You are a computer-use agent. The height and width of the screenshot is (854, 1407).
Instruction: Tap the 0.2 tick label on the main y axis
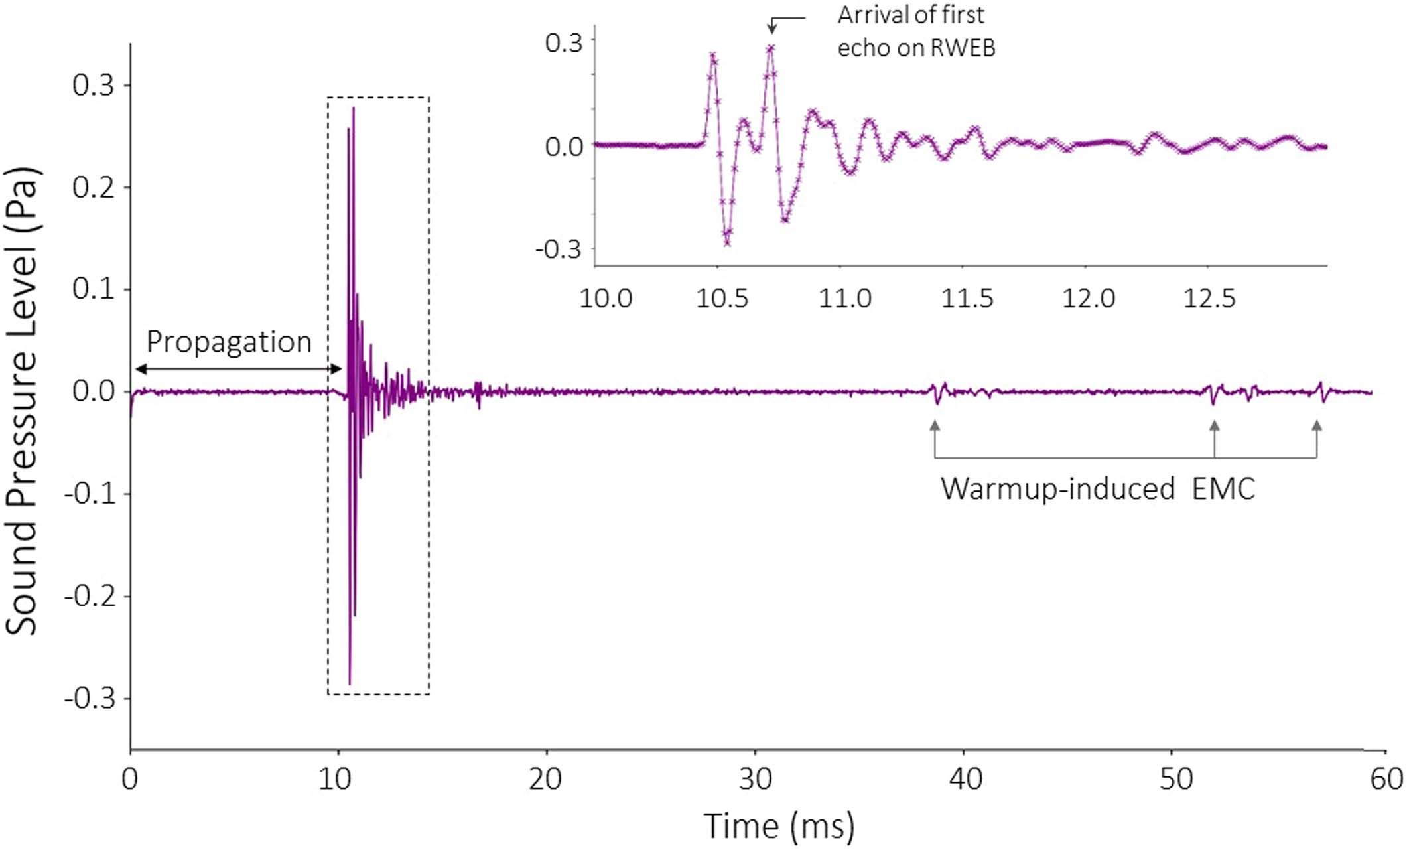92,188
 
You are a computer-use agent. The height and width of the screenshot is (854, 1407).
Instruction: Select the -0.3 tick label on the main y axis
89,699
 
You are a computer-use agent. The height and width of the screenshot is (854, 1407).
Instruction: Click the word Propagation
228,342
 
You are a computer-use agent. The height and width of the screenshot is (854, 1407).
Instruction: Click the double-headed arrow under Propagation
237,369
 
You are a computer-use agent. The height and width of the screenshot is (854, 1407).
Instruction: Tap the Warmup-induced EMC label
1097,490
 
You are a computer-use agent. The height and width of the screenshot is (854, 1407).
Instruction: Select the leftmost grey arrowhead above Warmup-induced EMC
935,426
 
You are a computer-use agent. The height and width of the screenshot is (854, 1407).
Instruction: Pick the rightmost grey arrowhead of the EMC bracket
1317,426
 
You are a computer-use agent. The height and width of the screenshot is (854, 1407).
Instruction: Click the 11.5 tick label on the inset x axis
967,299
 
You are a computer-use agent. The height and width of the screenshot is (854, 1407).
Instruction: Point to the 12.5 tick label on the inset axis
1209,299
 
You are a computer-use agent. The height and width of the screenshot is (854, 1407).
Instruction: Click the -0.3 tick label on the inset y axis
558,250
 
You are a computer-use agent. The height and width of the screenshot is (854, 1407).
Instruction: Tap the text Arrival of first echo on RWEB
915,31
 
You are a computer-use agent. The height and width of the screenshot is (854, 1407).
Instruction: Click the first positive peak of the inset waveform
713,56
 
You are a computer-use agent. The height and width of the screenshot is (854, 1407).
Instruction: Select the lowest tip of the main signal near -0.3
350,683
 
